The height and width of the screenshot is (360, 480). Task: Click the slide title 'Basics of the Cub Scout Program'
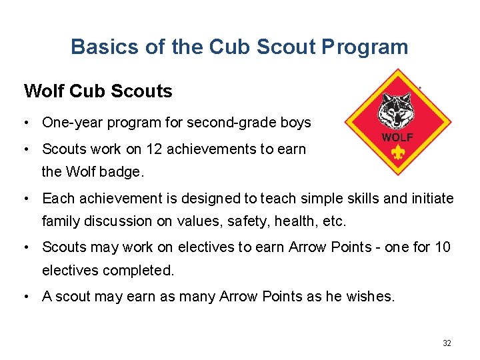point(239,47)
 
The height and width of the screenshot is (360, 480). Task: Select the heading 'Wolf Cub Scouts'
point(98,91)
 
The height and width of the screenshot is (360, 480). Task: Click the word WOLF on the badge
point(397,138)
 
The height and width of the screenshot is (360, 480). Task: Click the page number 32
point(447,343)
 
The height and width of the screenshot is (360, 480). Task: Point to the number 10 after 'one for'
point(443,247)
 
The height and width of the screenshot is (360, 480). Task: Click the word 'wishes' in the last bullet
point(371,297)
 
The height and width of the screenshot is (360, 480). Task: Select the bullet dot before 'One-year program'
point(24,123)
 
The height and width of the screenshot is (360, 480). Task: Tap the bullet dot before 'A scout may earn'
point(24,297)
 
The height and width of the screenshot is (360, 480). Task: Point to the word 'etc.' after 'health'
point(337,221)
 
